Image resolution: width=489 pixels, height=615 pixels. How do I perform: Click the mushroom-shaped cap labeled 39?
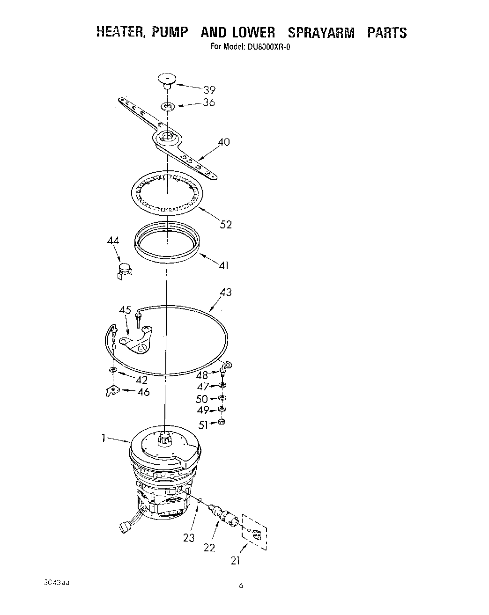click(x=166, y=79)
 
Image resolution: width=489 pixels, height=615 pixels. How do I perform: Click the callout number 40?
click(x=224, y=142)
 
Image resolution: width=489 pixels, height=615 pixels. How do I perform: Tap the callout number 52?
click(x=226, y=225)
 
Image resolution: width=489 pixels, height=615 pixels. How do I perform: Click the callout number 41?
click(x=224, y=265)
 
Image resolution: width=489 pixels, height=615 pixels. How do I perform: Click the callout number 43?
click(x=226, y=293)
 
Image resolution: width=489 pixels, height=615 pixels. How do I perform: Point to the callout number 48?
click(x=202, y=375)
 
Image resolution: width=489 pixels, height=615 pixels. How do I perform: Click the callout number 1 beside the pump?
click(x=102, y=438)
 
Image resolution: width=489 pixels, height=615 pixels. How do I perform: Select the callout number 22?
click(x=209, y=547)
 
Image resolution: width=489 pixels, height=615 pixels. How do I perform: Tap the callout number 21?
click(x=236, y=560)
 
